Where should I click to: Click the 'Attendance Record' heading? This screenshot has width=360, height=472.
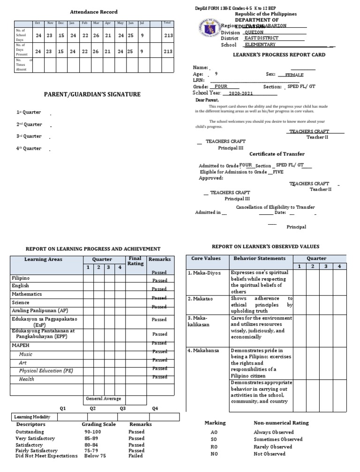94,12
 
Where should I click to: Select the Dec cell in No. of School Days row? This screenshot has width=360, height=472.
61,35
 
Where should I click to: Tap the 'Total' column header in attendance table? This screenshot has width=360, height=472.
167,23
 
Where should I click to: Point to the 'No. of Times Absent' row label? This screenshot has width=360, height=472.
23,65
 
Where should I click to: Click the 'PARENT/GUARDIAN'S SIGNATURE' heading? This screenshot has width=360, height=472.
92,94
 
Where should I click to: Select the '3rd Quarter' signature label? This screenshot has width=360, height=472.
29,136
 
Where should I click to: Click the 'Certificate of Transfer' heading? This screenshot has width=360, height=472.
277,154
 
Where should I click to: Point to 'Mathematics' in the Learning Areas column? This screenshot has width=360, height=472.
27,294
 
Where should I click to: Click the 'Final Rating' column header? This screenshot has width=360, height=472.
135,261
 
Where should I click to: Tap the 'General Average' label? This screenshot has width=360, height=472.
103,398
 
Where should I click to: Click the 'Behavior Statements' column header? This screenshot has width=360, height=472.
259,259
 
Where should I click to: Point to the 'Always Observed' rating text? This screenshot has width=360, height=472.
274,432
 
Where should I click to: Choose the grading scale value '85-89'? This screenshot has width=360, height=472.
92,438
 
